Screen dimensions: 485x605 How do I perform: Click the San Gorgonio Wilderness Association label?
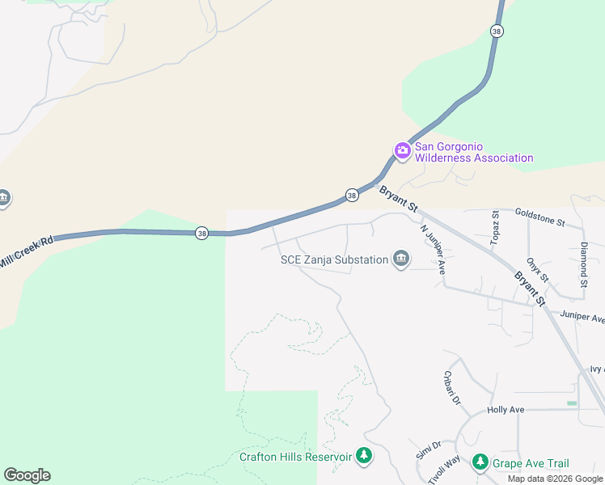click(x=474, y=152)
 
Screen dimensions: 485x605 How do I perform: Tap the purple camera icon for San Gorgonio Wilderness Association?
click(x=402, y=151)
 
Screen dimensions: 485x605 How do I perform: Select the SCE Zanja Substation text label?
click(x=334, y=259)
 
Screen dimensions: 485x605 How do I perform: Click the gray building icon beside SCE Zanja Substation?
click(x=400, y=259)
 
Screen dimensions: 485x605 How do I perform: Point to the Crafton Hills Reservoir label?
click(x=295, y=457)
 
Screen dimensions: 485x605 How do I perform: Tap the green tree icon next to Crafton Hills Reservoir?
click(x=364, y=457)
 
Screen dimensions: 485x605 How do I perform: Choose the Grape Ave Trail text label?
click(x=532, y=463)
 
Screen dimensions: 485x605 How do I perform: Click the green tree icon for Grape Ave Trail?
click(x=480, y=462)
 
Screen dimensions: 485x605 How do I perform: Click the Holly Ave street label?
click(x=506, y=410)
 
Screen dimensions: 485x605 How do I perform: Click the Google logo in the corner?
click(x=27, y=475)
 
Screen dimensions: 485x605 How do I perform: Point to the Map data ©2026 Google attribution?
click(x=555, y=479)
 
